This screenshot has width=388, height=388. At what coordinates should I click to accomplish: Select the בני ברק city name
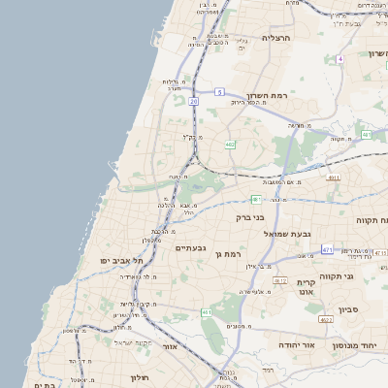(x=251, y=217)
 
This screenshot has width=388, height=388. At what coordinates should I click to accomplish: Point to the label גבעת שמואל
(x=287, y=234)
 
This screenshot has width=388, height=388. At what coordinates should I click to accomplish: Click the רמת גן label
(x=227, y=253)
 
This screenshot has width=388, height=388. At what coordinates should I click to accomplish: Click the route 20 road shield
(x=194, y=100)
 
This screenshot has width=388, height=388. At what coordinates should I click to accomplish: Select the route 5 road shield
(x=220, y=91)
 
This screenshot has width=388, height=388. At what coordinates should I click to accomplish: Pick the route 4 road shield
(x=340, y=59)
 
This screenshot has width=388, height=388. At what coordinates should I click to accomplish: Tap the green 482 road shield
(x=229, y=145)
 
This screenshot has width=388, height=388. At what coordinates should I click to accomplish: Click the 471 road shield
(x=327, y=249)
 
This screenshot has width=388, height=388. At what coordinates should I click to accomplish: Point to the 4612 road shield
(x=279, y=281)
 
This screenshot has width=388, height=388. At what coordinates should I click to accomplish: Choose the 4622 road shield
(x=326, y=319)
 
